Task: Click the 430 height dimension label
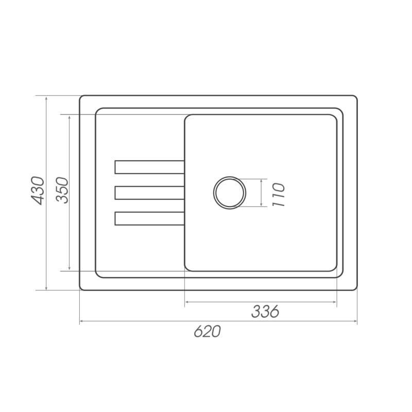(37, 191)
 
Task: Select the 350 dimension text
(62, 190)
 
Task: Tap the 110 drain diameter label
(278, 195)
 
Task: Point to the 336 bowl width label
(265, 312)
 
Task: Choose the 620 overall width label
(208, 331)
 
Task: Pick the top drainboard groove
(149, 167)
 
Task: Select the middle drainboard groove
(149, 193)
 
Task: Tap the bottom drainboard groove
(149, 218)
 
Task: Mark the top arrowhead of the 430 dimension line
(46, 98)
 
